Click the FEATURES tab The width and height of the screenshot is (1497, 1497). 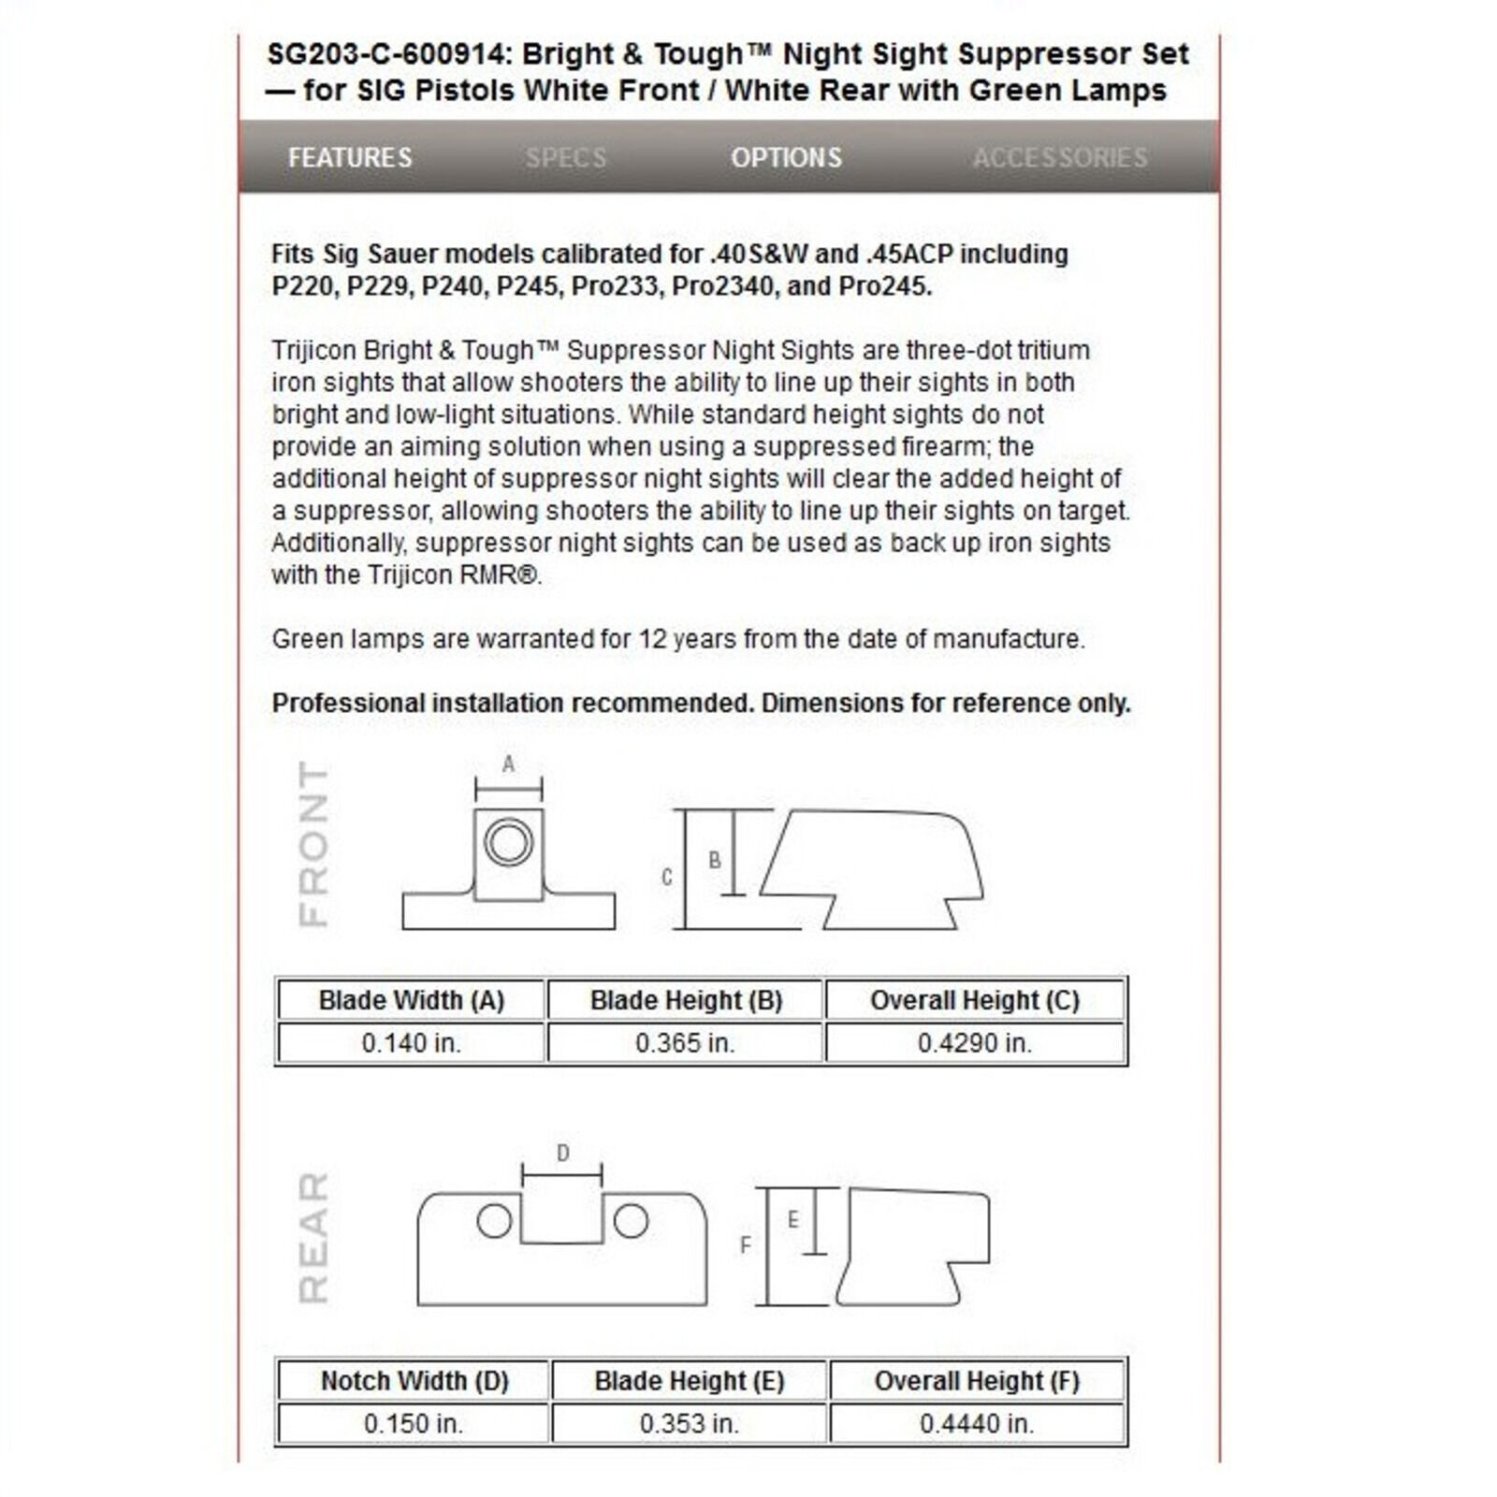(350, 157)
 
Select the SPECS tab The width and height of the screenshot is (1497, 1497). (566, 157)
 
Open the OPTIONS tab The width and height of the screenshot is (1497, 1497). (786, 157)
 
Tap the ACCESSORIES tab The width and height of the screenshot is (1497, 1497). (1060, 157)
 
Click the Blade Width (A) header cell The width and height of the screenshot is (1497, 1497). (412, 1000)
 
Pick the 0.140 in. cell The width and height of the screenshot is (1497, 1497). (412, 1043)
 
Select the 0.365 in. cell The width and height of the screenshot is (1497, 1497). (685, 1043)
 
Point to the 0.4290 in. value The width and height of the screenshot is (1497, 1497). (975, 1043)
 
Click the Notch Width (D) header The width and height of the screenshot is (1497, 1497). (414, 1381)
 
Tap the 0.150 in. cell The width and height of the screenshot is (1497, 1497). (414, 1424)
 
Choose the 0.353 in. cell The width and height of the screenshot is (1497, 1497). (690, 1424)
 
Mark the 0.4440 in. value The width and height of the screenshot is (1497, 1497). (977, 1424)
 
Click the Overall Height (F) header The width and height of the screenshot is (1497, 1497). (977, 1381)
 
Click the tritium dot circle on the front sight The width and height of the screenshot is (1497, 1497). (508, 842)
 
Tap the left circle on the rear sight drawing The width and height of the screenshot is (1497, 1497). (494, 1221)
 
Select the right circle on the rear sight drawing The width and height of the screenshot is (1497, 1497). (631, 1221)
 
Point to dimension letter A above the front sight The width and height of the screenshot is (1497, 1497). (508, 764)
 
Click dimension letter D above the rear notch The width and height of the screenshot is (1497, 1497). (562, 1154)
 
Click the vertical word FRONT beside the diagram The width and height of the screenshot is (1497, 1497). (313, 844)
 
